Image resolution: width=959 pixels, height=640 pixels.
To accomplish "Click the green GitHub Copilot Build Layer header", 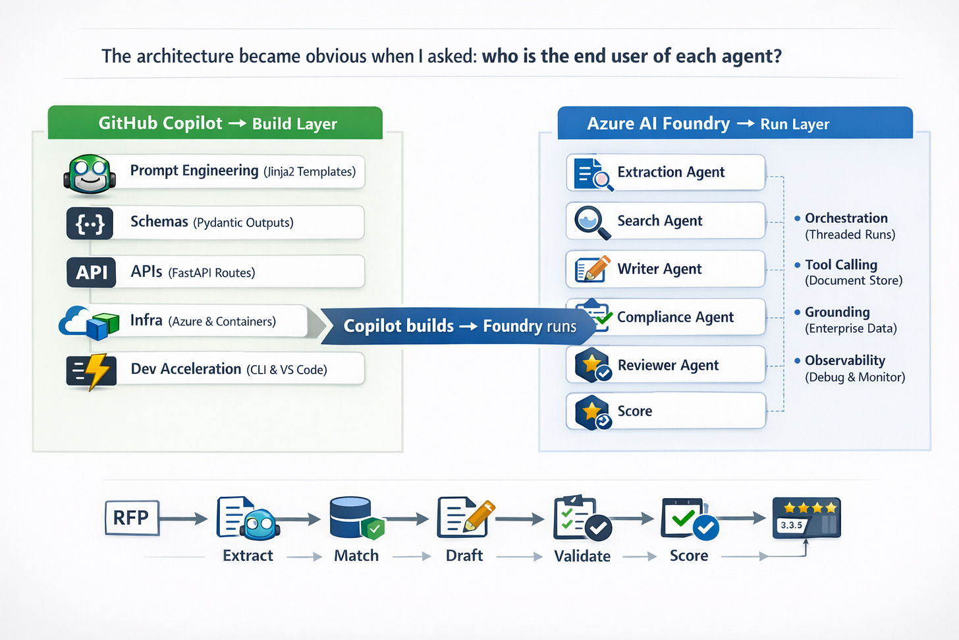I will click(215, 123).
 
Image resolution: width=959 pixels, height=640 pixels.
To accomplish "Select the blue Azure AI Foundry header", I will click(734, 123).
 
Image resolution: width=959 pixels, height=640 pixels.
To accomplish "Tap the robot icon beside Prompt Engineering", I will click(90, 175).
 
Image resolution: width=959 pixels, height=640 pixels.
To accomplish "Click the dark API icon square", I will click(91, 272).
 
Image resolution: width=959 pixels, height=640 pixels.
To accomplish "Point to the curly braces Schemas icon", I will click(90, 223).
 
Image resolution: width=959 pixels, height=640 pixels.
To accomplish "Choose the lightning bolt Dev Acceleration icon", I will click(92, 371).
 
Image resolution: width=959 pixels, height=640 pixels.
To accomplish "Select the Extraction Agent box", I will click(665, 173).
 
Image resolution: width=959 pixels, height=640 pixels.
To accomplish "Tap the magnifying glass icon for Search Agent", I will click(590, 221).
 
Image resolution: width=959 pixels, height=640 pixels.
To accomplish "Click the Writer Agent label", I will click(659, 269).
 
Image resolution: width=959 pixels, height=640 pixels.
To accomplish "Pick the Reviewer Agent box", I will click(665, 364).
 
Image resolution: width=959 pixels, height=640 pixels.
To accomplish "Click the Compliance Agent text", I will click(675, 317).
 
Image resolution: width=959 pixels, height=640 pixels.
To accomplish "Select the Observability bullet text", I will click(845, 361).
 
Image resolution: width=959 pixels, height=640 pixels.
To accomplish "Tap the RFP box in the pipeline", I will click(132, 518).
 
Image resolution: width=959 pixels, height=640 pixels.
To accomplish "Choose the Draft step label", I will click(464, 556).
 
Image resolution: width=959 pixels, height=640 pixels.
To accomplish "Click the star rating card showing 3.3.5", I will click(806, 518).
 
